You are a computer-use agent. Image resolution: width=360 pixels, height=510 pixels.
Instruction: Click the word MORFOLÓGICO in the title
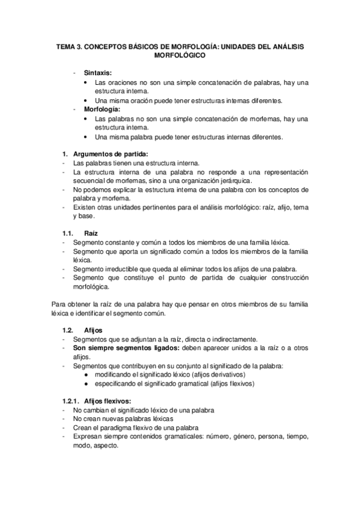180,55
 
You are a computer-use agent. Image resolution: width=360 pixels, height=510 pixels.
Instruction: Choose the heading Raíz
91,232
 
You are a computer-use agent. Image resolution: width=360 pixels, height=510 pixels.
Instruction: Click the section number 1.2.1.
72,401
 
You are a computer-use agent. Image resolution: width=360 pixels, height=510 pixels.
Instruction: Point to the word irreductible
123,268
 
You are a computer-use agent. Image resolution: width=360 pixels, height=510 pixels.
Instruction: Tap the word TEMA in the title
66,46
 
